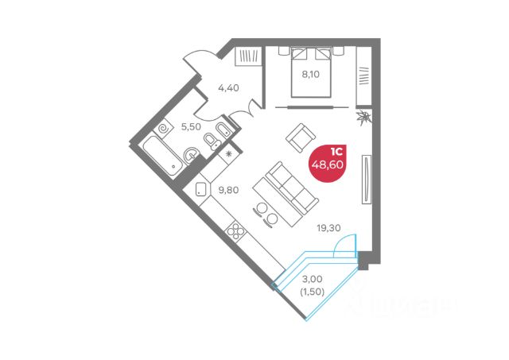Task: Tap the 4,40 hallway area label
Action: coord(227,87)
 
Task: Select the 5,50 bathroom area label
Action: coord(190,126)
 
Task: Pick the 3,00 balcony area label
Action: coord(311,280)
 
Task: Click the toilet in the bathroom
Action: coord(212,141)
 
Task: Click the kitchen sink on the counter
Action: coord(200,190)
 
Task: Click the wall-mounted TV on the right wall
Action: coord(366,180)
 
